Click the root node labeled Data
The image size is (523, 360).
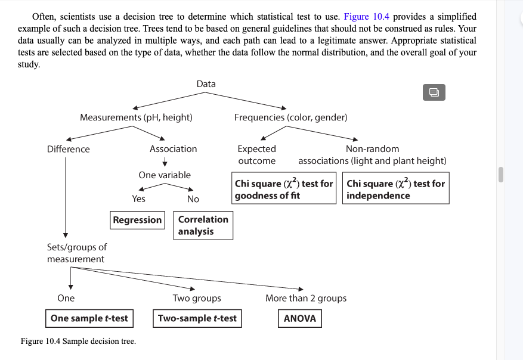(206, 84)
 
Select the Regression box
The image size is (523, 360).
(137, 220)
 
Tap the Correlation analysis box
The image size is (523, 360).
(203, 225)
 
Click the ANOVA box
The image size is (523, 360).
(299, 318)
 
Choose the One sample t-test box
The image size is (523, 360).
(89, 318)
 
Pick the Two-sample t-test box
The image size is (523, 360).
(197, 318)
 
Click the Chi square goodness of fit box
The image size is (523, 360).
(284, 189)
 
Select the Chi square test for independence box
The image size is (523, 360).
(395, 189)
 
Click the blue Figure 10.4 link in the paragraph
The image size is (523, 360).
(366, 17)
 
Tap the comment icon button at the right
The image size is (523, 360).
(434, 92)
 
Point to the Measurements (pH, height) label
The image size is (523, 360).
(136, 117)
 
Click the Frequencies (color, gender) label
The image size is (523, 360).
(290, 117)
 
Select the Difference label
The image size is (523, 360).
(68, 149)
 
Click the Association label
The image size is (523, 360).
(173, 149)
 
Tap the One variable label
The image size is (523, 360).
(165, 175)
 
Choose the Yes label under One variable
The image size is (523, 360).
(138, 199)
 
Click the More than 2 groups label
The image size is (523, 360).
(305, 298)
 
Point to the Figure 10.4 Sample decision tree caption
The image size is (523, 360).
(78, 342)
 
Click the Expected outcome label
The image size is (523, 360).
(256, 154)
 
